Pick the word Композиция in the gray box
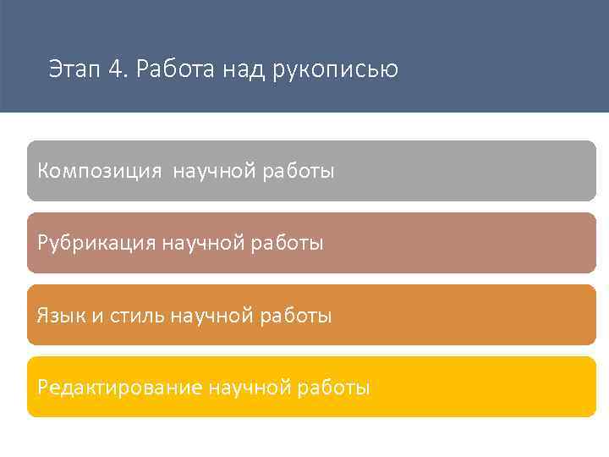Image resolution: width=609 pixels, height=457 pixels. click(99, 172)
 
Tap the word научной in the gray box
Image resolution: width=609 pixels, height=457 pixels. click(217, 172)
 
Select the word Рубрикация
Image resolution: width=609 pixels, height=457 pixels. click(96, 244)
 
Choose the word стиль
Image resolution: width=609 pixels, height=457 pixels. click(138, 317)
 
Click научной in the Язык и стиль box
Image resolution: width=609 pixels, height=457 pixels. click(212, 317)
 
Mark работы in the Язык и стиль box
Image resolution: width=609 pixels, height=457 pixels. click(297, 317)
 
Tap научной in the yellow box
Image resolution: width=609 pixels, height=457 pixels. click(251, 388)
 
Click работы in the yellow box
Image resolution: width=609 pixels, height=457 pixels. click(335, 388)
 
